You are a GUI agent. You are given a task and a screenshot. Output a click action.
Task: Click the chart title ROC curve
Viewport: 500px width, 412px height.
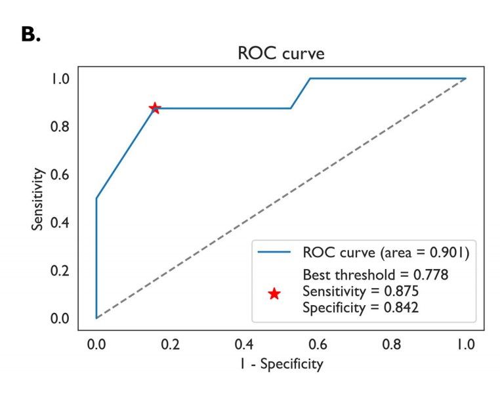click(281, 54)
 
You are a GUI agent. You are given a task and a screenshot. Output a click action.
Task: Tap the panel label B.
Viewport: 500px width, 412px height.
click(31, 35)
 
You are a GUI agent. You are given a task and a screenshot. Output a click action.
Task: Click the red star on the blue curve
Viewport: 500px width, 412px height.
click(154, 108)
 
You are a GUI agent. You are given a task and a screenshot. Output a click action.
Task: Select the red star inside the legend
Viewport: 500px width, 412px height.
click(274, 294)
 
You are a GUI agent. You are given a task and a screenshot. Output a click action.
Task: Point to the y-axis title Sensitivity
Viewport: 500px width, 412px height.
click(39, 198)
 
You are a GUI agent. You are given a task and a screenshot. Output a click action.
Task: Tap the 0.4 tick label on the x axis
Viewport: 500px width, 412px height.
click(244, 344)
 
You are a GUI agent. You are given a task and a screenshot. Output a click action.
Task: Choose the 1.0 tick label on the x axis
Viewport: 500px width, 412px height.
click(466, 344)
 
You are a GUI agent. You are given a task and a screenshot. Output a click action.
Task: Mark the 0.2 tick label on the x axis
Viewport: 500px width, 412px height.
click(170, 344)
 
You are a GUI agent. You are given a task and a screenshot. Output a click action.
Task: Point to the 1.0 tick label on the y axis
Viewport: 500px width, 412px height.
click(60, 79)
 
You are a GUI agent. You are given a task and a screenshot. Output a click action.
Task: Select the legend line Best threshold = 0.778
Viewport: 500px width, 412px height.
click(375, 276)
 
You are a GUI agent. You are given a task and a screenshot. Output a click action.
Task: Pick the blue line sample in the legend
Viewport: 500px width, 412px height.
click(274, 252)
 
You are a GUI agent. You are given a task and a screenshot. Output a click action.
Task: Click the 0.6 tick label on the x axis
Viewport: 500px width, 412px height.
click(318, 344)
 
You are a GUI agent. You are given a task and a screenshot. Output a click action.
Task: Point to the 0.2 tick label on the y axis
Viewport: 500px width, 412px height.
click(60, 271)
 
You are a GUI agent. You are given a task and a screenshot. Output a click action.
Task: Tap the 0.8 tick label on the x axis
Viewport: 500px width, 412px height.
click(392, 344)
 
